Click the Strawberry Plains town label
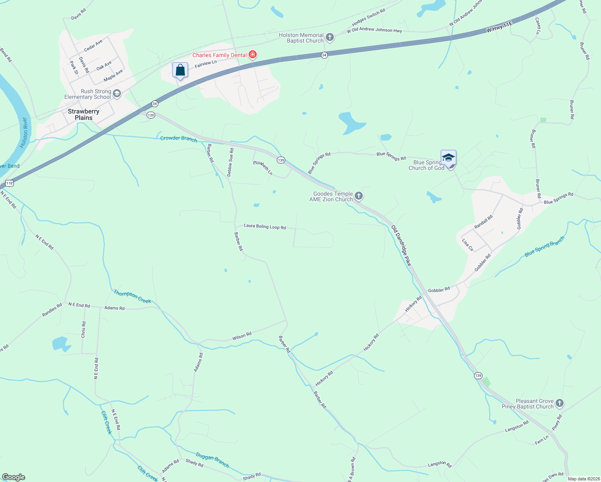[84, 114]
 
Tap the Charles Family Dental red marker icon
[253, 55]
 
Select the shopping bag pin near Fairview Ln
[180, 70]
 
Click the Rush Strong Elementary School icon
[117, 94]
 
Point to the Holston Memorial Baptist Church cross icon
[330, 38]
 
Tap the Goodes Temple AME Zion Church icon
[359, 196]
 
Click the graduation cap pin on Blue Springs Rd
[448, 157]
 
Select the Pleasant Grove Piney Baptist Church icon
[560, 404]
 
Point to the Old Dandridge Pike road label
[401, 245]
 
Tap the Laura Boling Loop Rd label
[265, 227]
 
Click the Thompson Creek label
[132, 296]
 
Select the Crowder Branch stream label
[179, 139]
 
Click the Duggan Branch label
[213, 460]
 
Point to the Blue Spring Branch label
[544, 246]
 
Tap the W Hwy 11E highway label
[499, 27]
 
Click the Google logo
[14, 477]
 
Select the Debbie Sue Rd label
[230, 162]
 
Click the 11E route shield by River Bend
[9, 184]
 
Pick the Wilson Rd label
[242, 336]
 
